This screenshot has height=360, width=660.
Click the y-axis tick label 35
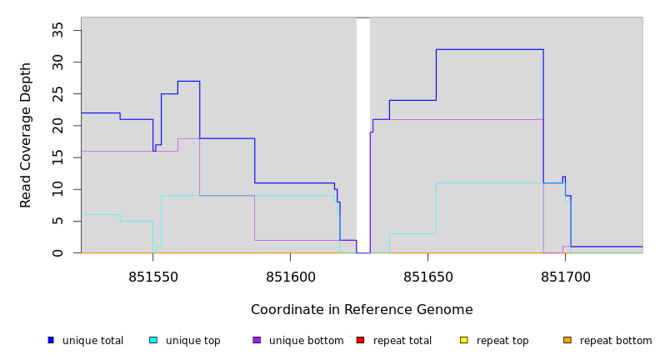pos(57,30)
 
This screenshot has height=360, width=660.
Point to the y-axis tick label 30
pos(57,62)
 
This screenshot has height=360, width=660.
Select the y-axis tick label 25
pos(57,94)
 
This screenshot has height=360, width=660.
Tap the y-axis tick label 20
pos(57,126)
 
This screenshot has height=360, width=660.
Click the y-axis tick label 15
pos(57,157)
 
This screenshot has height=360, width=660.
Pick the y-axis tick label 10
pos(57,189)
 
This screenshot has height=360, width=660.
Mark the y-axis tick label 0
pos(57,252)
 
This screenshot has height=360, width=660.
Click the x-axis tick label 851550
pos(152,276)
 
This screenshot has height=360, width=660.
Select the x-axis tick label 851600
pos(290,276)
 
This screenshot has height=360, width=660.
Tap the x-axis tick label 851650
pos(427,276)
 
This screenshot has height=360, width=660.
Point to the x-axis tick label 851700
pos(565,276)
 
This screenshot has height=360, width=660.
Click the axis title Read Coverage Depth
pos(26,135)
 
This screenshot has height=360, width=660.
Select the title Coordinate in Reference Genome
pos(362,310)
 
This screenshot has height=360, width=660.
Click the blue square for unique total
pos(51,340)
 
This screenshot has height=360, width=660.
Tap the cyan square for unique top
pos(153,340)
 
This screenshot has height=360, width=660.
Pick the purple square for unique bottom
pos(257,340)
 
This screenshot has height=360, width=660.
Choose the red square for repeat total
pos(360,340)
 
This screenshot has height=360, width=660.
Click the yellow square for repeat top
pos(463,340)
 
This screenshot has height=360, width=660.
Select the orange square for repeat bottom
pos(567,340)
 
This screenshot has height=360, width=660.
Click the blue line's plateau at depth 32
pos(489,49)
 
